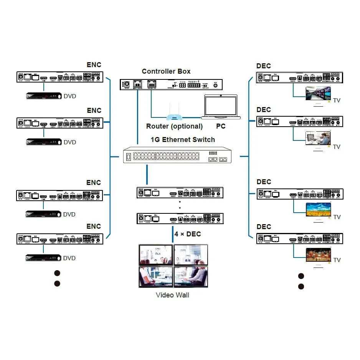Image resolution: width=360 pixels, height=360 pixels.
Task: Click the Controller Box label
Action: click(x=166, y=71)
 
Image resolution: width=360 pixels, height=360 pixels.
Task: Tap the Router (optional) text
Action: click(x=174, y=126)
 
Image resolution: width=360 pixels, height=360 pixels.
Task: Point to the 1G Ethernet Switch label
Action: click(x=182, y=140)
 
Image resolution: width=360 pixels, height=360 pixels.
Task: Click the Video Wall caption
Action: click(x=172, y=295)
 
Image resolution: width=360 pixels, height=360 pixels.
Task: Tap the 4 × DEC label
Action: click(x=187, y=234)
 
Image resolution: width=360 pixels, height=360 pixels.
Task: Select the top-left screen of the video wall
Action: click(x=156, y=255)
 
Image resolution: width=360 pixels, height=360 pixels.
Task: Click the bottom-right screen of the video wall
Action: click(x=191, y=276)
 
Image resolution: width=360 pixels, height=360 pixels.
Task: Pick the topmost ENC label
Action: click(x=94, y=65)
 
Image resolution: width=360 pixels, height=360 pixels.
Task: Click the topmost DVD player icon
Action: click(x=43, y=96)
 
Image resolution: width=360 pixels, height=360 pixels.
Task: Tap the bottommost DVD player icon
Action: click(x=43, y=258)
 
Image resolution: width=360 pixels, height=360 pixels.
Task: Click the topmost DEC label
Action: click(x=264, y=66)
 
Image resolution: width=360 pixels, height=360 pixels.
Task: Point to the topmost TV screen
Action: click(x=318, y=93)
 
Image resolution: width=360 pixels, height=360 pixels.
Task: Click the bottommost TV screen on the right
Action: click(x=318, y=254)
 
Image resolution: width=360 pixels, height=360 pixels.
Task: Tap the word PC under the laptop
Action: click(x=221, y=126)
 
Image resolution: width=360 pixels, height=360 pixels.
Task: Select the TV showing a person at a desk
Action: click(x=318, y=138)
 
